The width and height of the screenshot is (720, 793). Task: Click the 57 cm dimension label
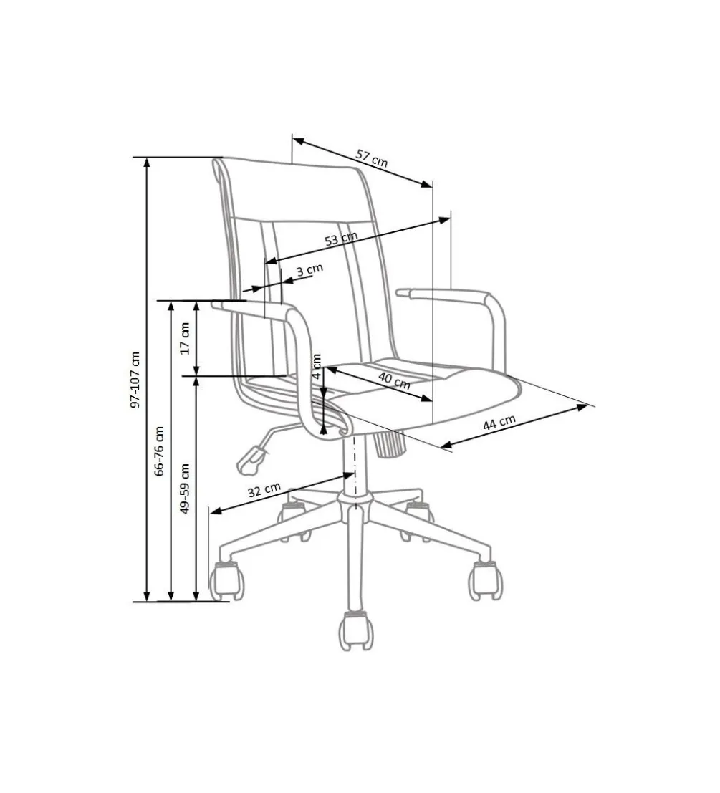(x=372, y=158)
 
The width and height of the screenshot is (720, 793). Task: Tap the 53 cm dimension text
(x=341, y=239)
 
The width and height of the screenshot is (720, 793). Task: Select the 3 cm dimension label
(x=309, y=269)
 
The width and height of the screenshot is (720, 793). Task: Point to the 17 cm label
(x=185, y=338)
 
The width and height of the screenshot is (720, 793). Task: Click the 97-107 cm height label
(x=135, y=380)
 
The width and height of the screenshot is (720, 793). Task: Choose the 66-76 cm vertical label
(x=159, y=451)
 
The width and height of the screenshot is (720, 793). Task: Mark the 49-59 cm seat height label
(x=185, y=489)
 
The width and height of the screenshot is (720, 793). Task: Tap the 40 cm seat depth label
(x=394, y=380)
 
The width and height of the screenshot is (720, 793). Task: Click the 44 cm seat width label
(x=499, y=423)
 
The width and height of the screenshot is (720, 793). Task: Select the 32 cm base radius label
(x=264, y=489)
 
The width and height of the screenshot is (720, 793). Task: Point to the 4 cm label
(x=317, y=367)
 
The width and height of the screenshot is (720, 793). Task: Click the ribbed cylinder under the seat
(x=389, y=443)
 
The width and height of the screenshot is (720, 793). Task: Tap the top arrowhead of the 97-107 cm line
(x=147, y=162)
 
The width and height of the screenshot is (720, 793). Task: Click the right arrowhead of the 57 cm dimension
(x=427, y=184)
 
